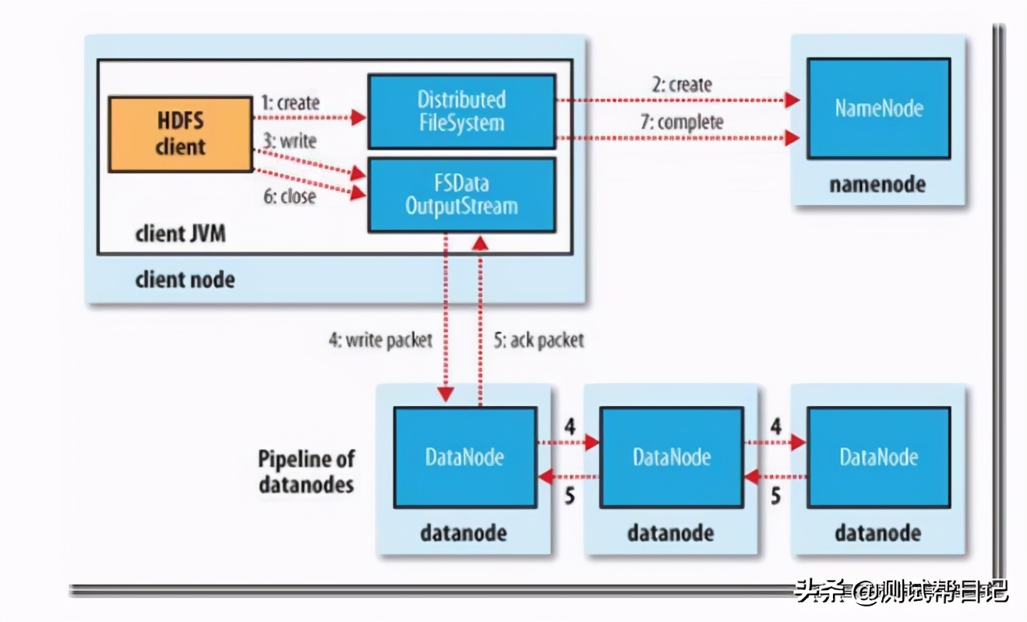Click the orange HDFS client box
click(180, 133)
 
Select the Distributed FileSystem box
click(461, 111)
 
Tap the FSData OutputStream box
click(461, 195)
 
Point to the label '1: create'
click(291, 103)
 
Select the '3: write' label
click(288, 142)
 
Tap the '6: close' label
click(289, 196)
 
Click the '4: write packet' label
click(379, 341)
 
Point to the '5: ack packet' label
click(538, 341)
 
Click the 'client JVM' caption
click(181, 233)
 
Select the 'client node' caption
click(185, 279)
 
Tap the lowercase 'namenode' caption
click(878, 185)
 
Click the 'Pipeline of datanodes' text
click(305, 471)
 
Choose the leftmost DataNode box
click(464, 457)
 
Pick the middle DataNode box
click(672, 457)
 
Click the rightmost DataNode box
click(878, 457)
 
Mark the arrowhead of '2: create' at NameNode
click(793, 100)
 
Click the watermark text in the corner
click(901, 592)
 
